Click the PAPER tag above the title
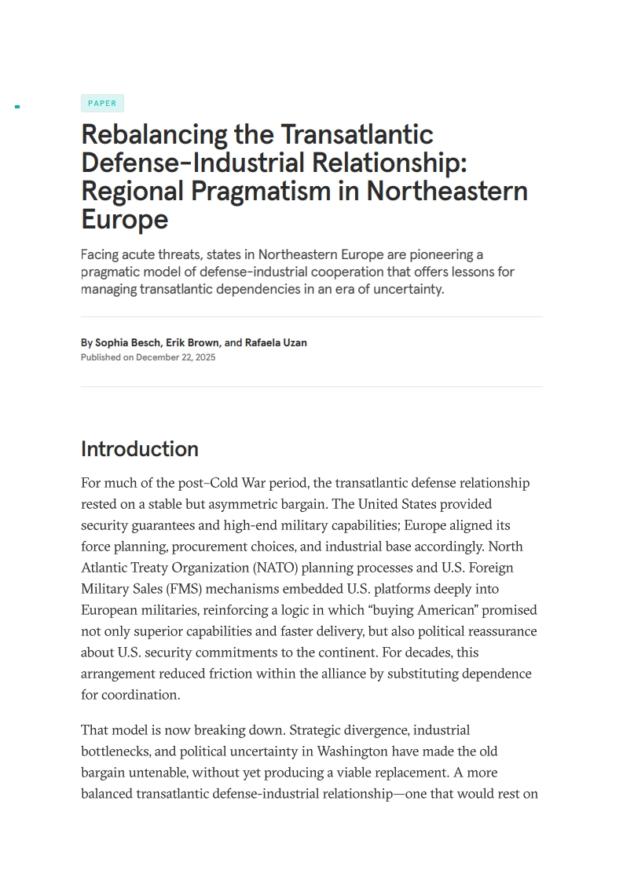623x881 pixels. pyautogui.click(x=102, y=104)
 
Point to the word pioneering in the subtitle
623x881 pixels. pyautogui.click(x=445, y=254)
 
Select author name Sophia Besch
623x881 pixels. pyautogui.click(x=127, y=342)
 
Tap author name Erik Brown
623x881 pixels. pyautogui.click(x=192, y=342)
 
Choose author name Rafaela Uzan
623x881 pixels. pyautogui.click(x=276, y=342)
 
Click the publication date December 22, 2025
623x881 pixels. pyautogui.click(x=175, y=357)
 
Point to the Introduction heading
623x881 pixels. pyautogui.click(x=140, y=449)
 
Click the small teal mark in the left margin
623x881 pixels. pyautogui.click(x=17, y=106)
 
